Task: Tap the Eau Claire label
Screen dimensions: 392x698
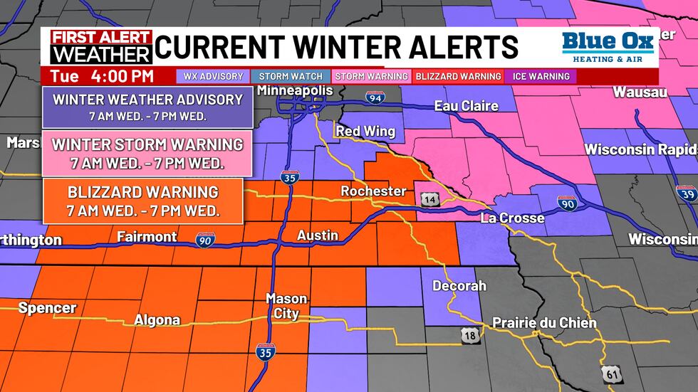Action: point(467,106)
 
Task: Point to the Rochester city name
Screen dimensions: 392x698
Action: point(373,191)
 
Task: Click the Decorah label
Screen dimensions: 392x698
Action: point(459,286)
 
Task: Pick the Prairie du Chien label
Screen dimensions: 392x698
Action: point(544,322)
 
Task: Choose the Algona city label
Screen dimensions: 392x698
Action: point(157,320)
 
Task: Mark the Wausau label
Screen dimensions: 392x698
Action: point(640,92)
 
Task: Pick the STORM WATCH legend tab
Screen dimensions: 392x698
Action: point(291,76)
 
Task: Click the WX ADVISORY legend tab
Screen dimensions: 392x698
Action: point(212,76)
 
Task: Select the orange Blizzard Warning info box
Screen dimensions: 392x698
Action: point(142,201)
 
